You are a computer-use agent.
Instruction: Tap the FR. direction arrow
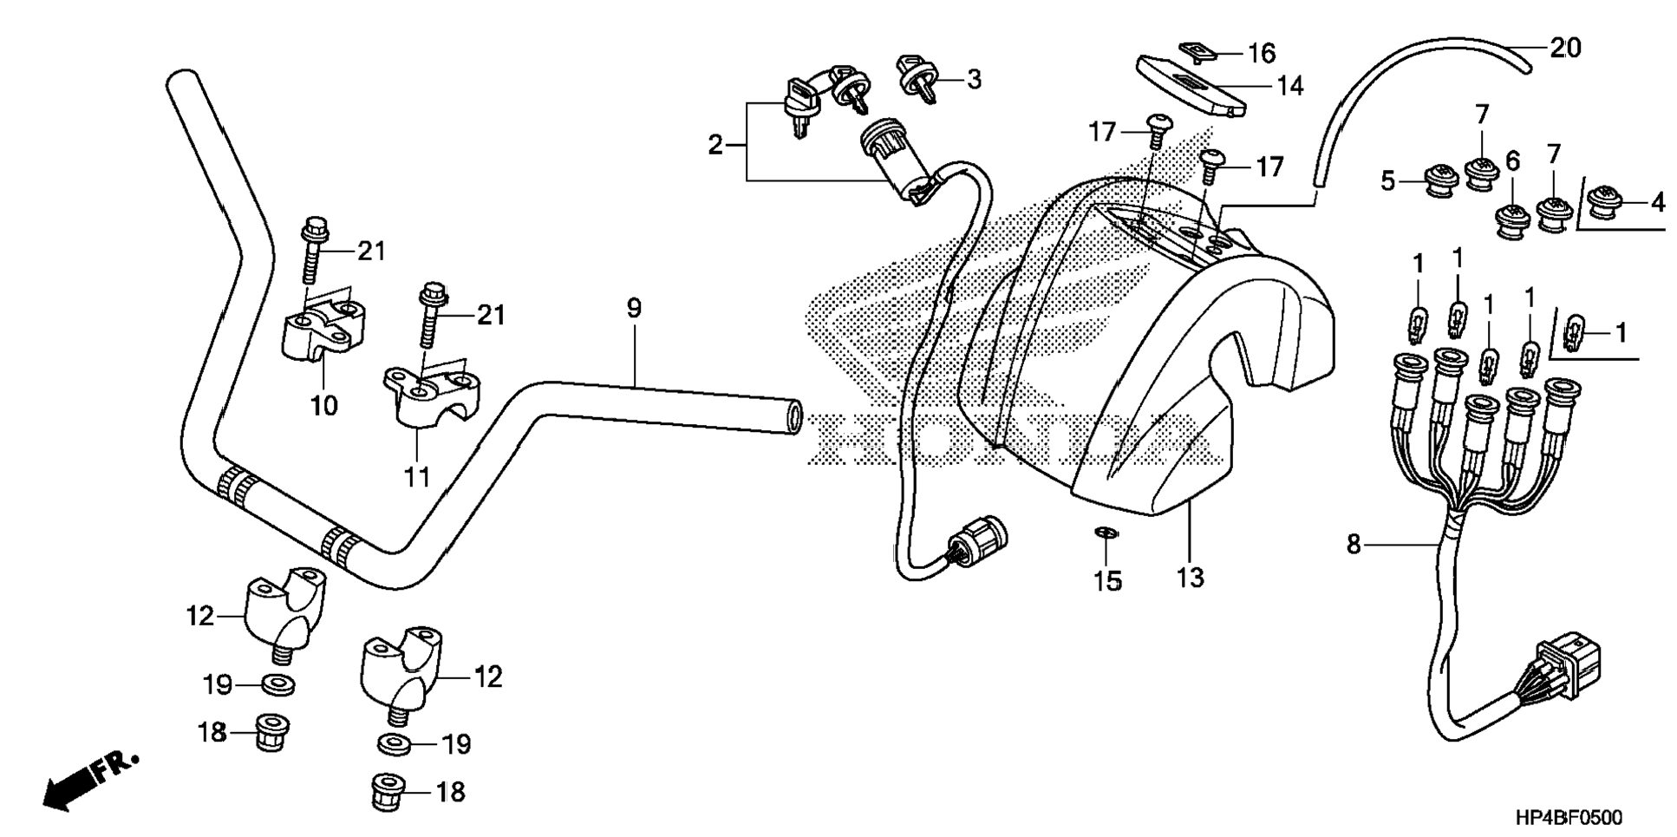tap(87, 781)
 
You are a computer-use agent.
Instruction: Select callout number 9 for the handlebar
tap(634, 308)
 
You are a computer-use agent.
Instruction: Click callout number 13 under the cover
tap(1190, 577)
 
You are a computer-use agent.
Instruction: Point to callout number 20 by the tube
tap(1565, 48)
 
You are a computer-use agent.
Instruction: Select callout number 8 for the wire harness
tap(1354, 545)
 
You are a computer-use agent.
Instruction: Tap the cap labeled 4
tap(1606, 205)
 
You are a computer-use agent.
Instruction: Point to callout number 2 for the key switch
tap(714, 145)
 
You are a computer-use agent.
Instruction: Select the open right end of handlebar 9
tap(791, 416)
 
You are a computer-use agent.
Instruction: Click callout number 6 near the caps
tap(1512, 160)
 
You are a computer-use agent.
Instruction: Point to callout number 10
tap(323, 405)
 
